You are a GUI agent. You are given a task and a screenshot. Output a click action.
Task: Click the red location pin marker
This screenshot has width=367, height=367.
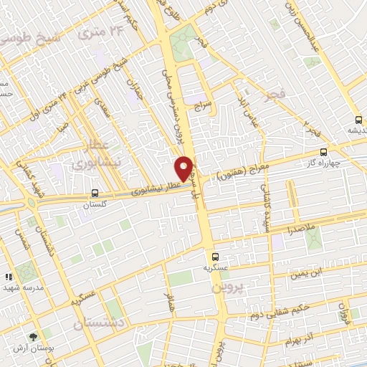[x=184, y=168]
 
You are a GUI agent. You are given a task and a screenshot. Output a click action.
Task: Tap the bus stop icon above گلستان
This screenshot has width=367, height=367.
[x=95, y=193]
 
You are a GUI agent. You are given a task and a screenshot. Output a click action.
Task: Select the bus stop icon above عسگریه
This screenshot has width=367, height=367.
[x=214, y=257]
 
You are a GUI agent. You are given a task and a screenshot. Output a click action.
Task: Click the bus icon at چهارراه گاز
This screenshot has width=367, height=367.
[x=324, y=152]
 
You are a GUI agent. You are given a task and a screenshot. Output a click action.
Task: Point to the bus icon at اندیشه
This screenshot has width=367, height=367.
[x=358, y=120]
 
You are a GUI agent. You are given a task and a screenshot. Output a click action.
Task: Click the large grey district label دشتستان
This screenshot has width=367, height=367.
[x=100, y=325]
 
